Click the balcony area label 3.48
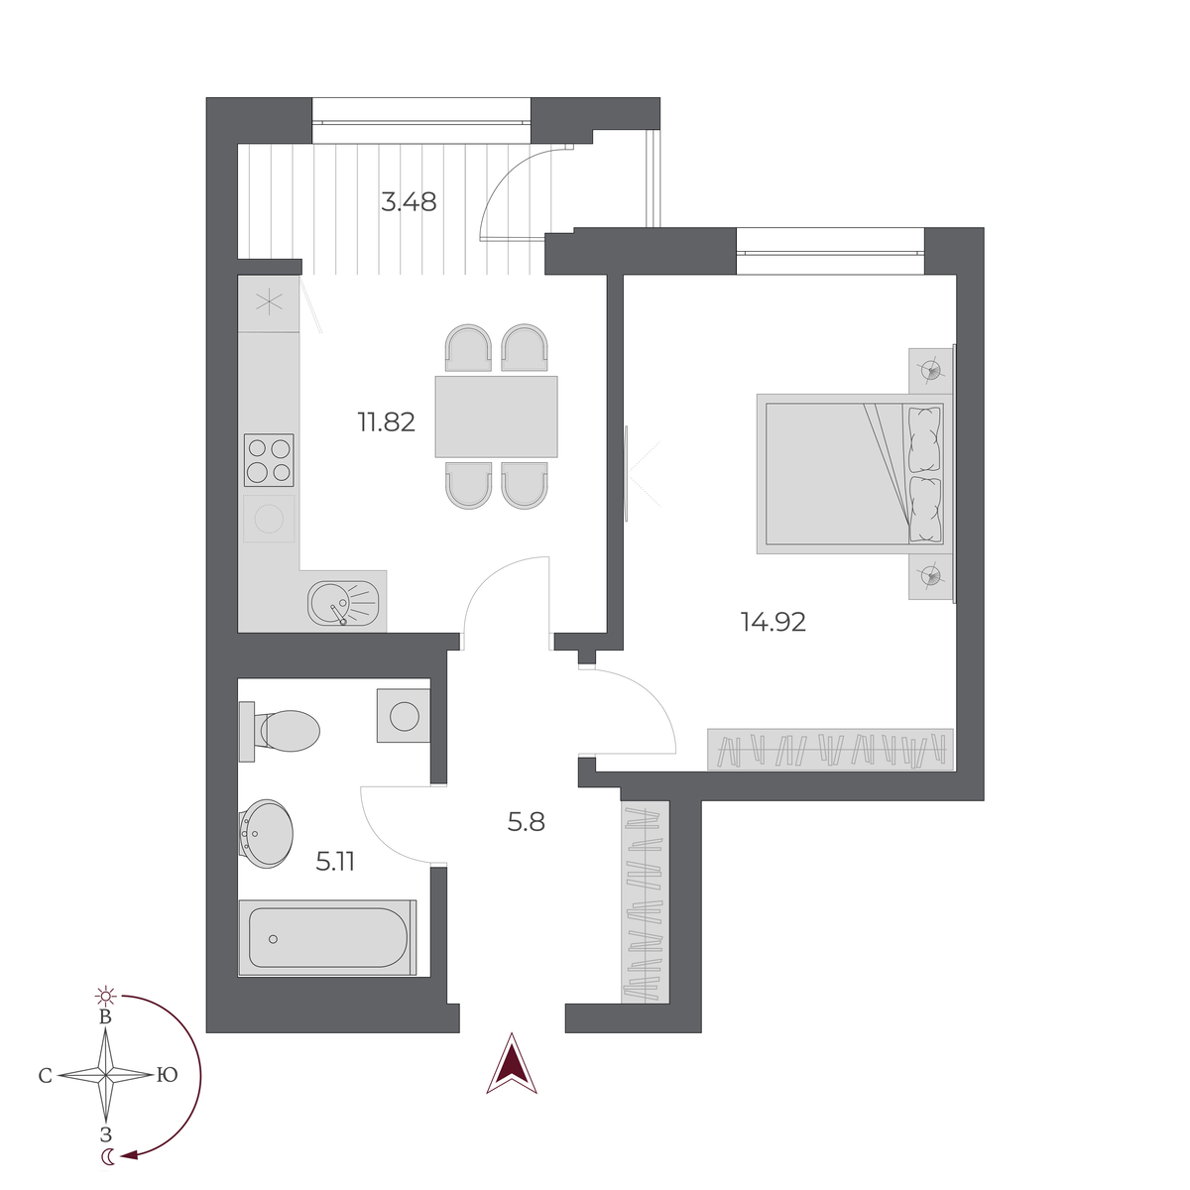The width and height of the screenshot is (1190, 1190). [x=409, y=202]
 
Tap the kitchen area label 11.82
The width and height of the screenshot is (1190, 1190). [x=386, y=422]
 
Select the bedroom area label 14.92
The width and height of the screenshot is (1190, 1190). [x=773, y=623]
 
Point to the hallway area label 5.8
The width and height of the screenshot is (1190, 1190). [x=526, y=822]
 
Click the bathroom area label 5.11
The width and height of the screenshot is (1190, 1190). [x=335, y=862]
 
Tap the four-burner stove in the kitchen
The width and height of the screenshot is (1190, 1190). [x=269, y=460]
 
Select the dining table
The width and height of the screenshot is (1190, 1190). [x=496, y=416]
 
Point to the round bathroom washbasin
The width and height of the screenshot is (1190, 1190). [x=267, y=833]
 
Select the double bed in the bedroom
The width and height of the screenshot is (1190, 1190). [x=850, y=473]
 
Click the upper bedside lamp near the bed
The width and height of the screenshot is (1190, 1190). [x=930, y=370]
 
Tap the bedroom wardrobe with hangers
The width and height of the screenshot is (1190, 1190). [x=830, y=749]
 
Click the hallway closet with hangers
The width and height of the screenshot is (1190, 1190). [x=644, y=902]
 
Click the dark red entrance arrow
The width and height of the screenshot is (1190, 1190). [x=511, y=1064]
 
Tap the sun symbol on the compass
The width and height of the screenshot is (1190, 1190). [x=105, y=995]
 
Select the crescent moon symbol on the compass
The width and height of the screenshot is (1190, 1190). [x=107, y=1156]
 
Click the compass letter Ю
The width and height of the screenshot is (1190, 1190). [x=167, y=1075]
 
